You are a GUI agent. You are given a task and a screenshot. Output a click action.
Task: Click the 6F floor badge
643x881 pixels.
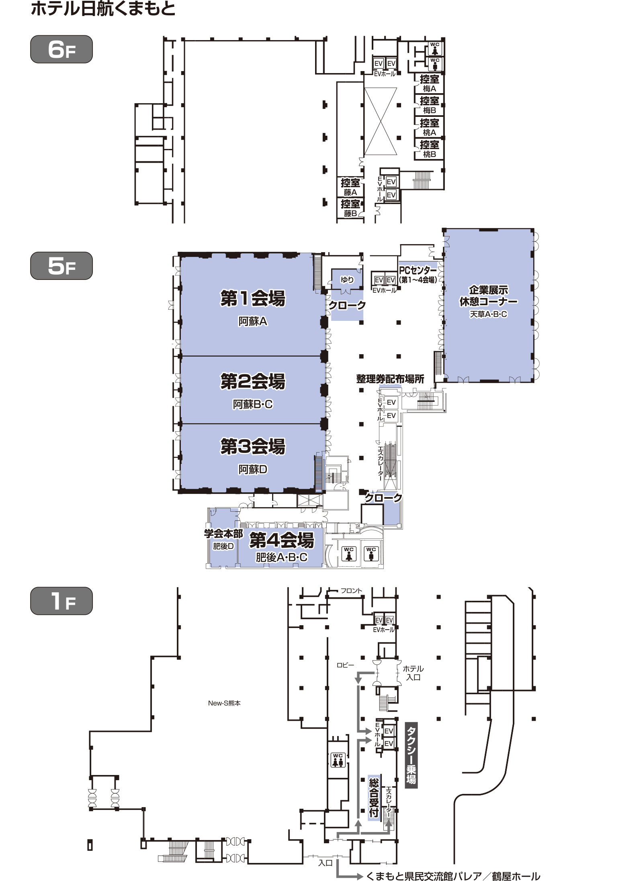click(x=61, y=49)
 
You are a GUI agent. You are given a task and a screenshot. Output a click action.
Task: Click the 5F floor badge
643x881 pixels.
click(x=61, y=265)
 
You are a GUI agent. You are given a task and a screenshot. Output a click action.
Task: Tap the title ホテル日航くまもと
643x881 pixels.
click(x=103, y=9)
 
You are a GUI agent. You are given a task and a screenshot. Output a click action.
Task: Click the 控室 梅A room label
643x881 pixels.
click(x=429, y=84)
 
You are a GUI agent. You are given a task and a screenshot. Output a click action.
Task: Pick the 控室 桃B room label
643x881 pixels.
click(x=429, y=149)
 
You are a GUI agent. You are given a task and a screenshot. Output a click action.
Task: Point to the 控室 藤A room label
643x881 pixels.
click(x=350, y=187)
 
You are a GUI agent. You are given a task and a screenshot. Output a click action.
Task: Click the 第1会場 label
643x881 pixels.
click(x=253, y=298)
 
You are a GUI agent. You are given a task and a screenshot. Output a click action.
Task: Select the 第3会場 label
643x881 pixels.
click(x=253, y=446)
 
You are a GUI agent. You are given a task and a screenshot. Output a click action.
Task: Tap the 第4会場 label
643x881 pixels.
click(x=281, y=540)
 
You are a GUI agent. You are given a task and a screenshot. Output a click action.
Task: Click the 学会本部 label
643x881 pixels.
click(x=223, y=534)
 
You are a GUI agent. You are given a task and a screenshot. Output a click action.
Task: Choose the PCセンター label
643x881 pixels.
click(x=418, y=270)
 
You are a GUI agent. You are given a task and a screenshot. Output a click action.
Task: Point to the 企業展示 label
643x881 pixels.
click(x=488, y=290)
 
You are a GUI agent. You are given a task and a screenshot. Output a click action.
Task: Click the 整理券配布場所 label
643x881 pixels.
click(x=390, y=379)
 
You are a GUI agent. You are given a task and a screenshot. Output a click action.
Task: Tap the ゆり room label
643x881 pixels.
click(x=347, y=279)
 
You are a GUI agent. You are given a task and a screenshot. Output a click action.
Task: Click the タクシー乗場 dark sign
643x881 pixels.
click(x=411, y=755)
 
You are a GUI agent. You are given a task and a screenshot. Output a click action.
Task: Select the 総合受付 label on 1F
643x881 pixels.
click(x=374, y=797)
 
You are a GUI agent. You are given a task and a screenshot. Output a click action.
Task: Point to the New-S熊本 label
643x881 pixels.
click(x=224, y=703)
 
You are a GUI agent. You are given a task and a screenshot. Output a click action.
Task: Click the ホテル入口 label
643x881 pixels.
click(x=413, y=673)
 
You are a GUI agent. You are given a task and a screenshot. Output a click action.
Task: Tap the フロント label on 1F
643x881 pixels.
click(x=351, y=591)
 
